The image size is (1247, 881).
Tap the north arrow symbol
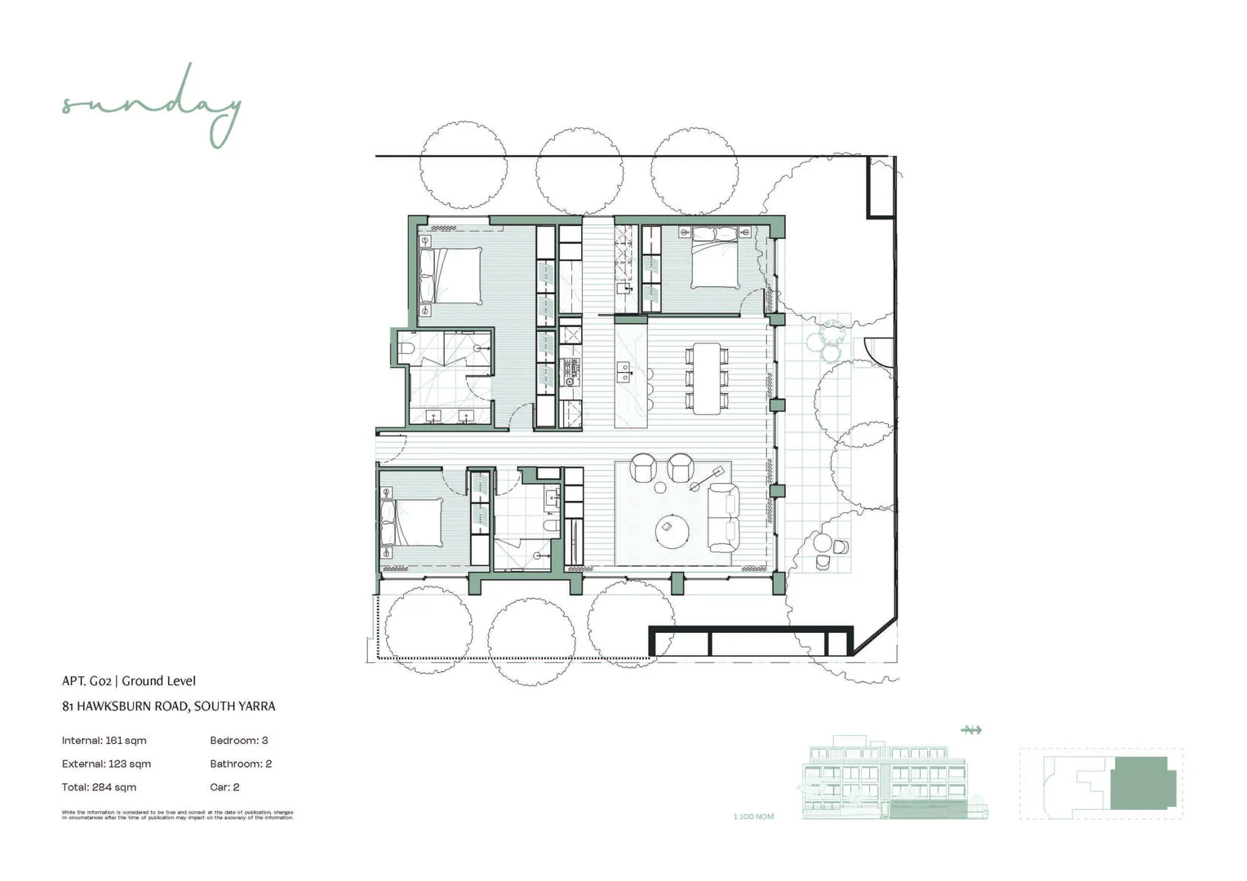click(971, 730)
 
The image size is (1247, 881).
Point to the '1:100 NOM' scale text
click(753, 817)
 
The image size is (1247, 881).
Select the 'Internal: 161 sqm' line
click(104, 741)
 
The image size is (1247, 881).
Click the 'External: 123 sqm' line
click(106, 764)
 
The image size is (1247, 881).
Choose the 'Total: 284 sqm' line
click(99, 787)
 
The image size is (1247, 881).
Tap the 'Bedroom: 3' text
click(238, 741)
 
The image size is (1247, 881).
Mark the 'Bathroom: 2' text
click(241, 764)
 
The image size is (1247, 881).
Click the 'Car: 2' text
click(224, 787)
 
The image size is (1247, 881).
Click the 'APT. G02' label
click(87, 681)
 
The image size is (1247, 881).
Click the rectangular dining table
click(708, 379)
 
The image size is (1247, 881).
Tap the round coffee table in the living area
click(672, 531)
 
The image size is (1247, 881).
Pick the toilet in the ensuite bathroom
click(407, 350)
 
